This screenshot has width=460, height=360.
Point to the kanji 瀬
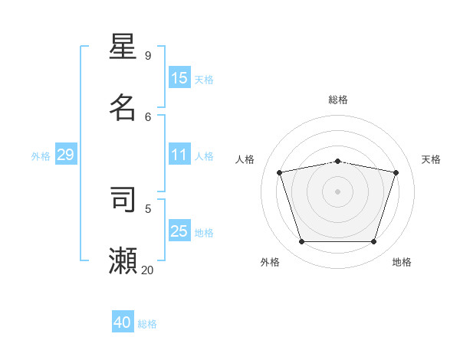pos(123,260)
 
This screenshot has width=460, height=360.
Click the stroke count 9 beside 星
pos(148,55)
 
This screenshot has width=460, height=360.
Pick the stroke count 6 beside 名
pos(148,116)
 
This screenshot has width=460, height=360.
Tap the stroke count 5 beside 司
pos(148,208)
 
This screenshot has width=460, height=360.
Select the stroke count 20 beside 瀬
pos(147,270)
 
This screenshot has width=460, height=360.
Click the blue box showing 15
pos(179,78)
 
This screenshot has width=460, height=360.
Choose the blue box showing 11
pos(179,155)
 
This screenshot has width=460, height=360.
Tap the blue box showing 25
pos(179,231)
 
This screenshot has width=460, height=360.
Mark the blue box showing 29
pos(65,155)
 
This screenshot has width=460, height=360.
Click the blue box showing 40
pos(123,322)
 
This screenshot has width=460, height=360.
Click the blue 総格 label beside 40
pos(147,324)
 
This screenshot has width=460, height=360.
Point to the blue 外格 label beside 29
pos(41,156)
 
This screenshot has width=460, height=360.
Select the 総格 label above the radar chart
pos(338,100)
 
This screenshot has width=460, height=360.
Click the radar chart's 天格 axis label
pos(431,159)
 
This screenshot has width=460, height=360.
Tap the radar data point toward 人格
pos(280,173)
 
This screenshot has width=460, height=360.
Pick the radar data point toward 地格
pos(373,242)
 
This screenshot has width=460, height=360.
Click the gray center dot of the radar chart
pos(337,191)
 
